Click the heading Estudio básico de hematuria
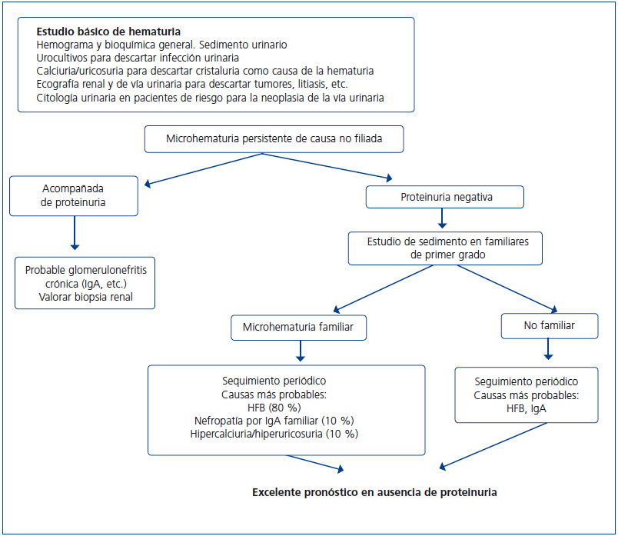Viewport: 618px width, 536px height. pos(108,32)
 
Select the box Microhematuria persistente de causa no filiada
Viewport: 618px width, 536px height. pos(274,139)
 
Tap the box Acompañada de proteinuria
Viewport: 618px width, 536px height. pos(74,195)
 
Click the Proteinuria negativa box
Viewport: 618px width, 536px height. pos(445,197)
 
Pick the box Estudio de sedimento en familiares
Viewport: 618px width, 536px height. pos(445,247)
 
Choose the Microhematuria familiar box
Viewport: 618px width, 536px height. pos(299,327)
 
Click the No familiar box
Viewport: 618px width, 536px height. pos(549,326)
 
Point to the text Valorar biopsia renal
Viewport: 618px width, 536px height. pos(85,297)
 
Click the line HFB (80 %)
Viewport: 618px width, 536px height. pos(285,407)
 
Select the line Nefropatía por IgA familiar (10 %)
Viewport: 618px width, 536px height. pos(285,420)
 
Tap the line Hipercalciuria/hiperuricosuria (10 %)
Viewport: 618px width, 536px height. pos(285,434)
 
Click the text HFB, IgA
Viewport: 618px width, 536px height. pos(526,408)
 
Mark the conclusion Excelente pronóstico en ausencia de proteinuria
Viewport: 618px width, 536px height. pos(374,491)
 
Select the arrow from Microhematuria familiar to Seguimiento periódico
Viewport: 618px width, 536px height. pos(299,351)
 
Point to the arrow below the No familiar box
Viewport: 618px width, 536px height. pos(549,350)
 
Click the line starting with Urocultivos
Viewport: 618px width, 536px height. pos(138,58)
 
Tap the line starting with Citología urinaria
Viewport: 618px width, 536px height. pos(210,97)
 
